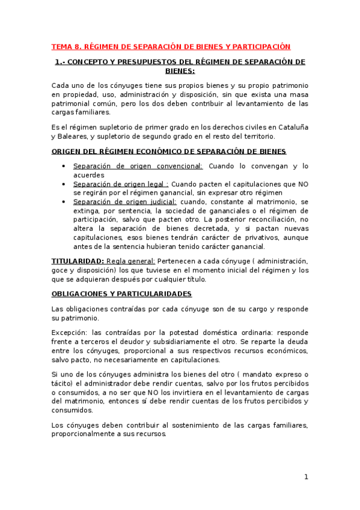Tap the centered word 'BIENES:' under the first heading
[180, 70]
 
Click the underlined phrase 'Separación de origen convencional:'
[138, 166]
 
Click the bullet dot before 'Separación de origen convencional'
[64, 167]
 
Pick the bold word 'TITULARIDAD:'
[77, 260]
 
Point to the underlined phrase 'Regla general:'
[130, 260]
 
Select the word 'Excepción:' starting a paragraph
[69, 333]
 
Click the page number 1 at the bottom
[306, 477]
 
